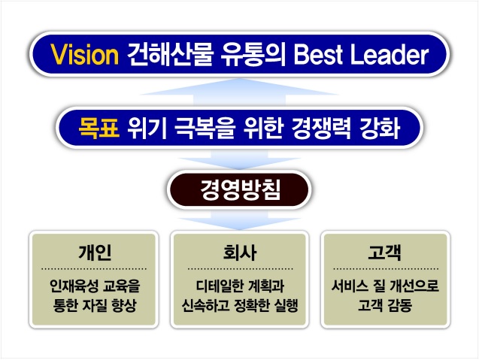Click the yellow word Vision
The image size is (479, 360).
pos(85,54)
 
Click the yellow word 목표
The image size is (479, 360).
pos(99,129)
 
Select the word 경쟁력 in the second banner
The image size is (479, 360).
pos(321,129)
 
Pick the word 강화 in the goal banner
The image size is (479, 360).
pos(380,129)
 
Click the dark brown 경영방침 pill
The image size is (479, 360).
pos(239,189)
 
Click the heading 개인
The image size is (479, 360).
pos(95,253)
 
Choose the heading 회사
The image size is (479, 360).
pos(239,253)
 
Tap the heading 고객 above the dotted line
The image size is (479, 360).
pos(384,253)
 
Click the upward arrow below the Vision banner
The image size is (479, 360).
pos(239,92)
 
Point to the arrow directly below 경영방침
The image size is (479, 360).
pos(239,220)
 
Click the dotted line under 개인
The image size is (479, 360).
pos(94,269)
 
